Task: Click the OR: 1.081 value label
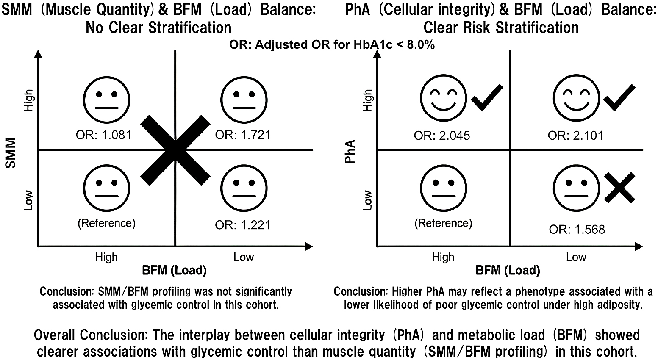(103, 135)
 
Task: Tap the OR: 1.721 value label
(243, 135)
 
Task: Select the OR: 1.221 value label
(243, 225)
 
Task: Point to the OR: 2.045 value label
(442, 136)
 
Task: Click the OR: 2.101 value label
(575, 136)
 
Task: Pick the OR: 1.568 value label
(577, 229)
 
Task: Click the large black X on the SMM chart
(175, 150)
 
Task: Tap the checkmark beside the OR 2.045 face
(487, 97)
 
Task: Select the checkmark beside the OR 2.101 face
(619, 97)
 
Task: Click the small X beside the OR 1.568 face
(619, 188)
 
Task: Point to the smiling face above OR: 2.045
(443, 97)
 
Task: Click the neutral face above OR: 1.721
(244, 100)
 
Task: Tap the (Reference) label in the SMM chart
(107, 223)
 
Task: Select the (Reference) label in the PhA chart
(443, 223)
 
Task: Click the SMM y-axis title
(11, 153)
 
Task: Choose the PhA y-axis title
(350, 152)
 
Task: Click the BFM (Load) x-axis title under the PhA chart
(508, 270)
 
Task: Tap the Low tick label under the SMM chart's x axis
(244, 257)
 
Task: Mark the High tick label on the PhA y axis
(367, 100)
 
